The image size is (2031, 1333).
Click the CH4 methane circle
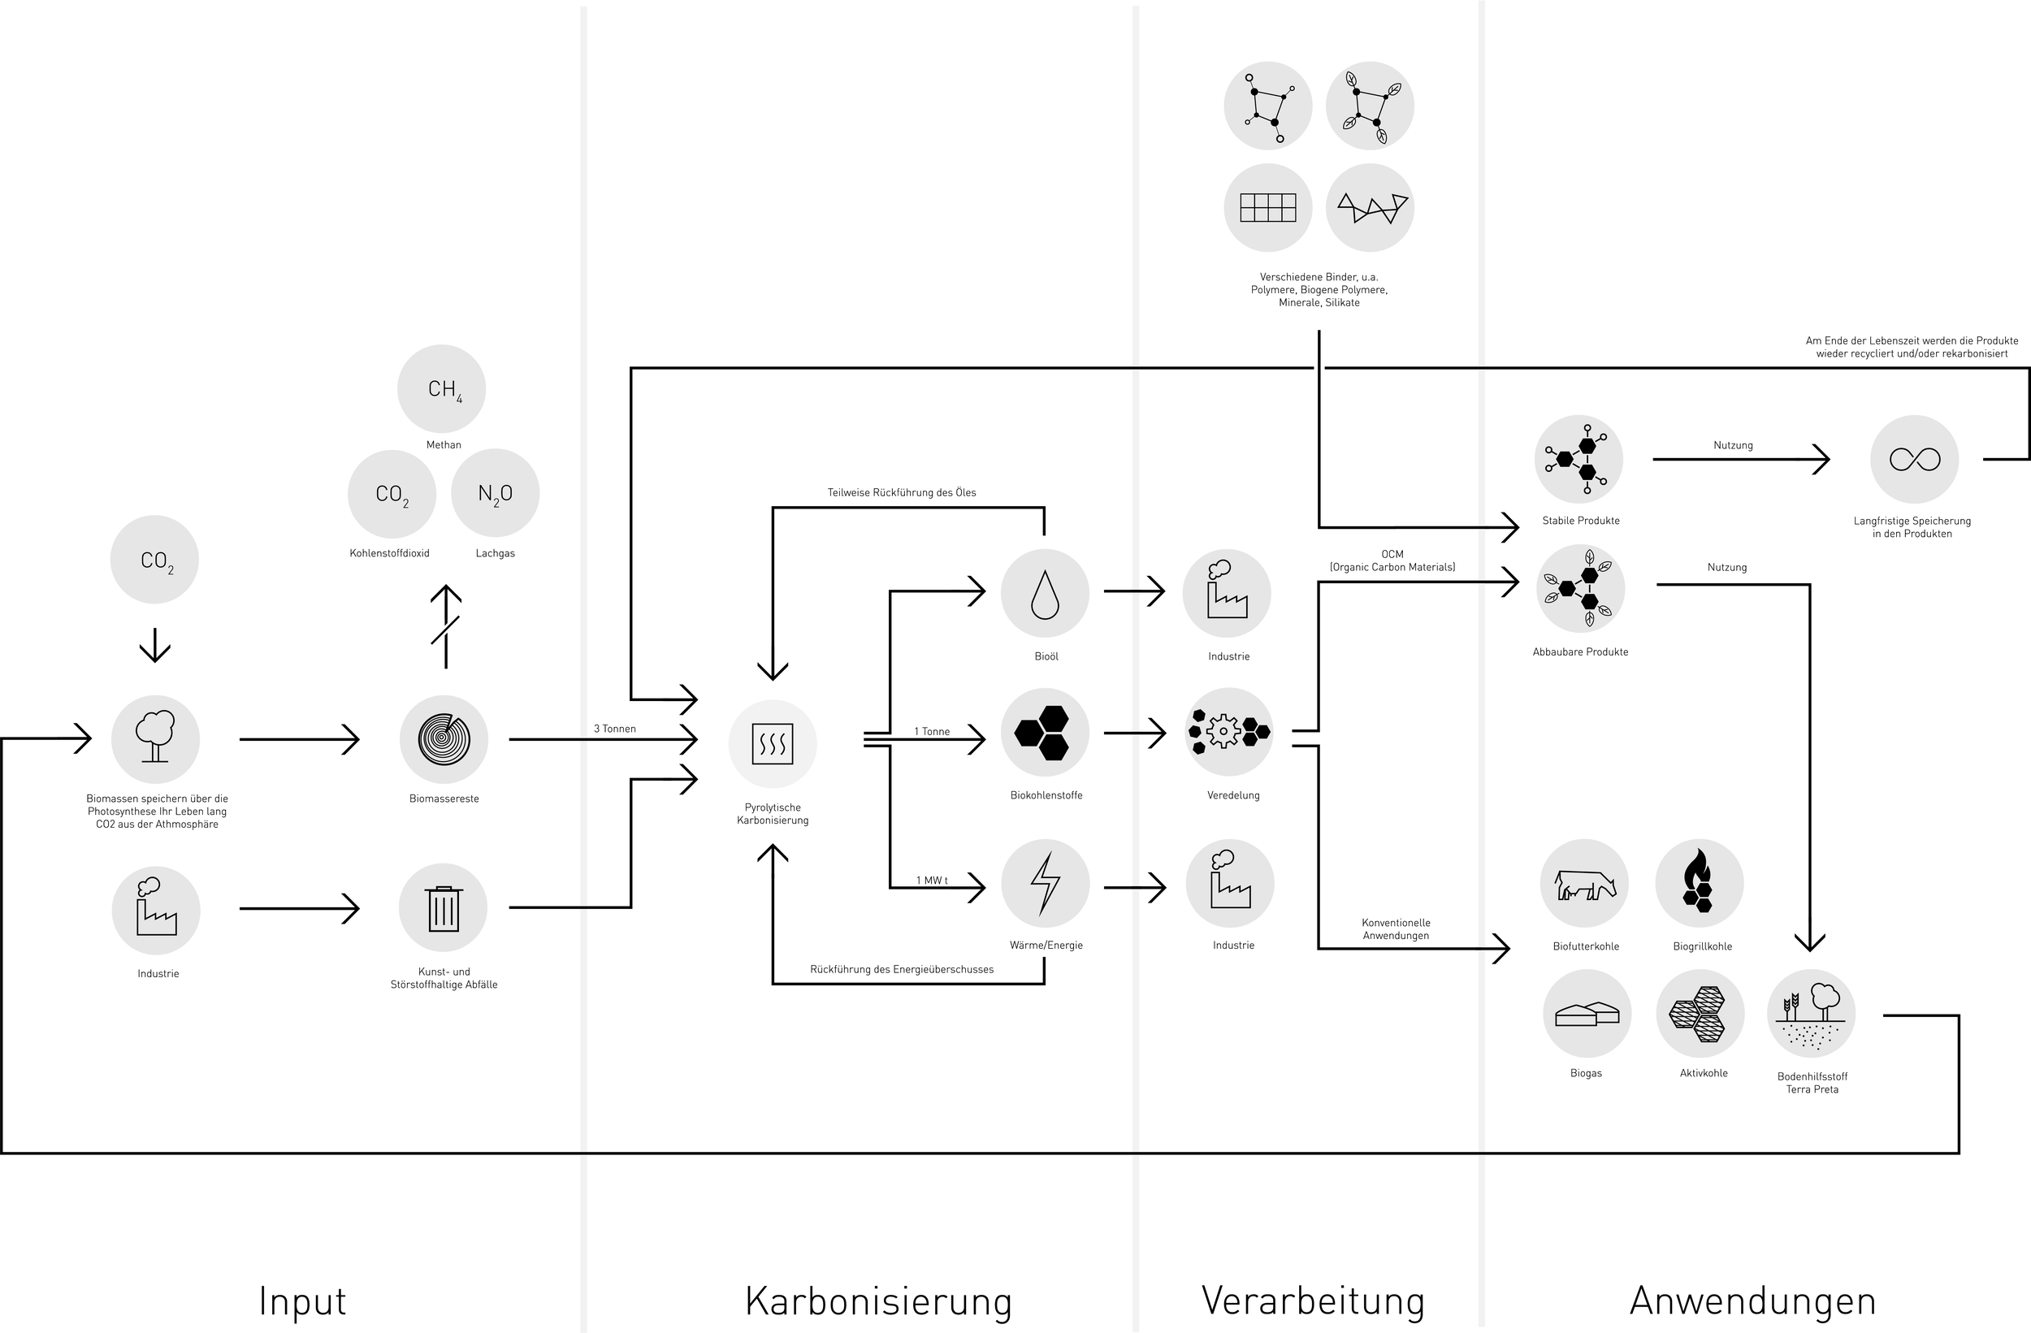click(x=442, y=389)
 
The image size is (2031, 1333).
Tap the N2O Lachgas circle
click(x=495, y=493)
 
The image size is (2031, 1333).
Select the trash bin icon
click(x=443, y=908)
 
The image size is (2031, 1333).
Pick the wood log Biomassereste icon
click(x=444, y=739)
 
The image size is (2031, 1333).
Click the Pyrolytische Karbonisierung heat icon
click(x=773, y=743)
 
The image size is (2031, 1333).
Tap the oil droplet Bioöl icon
click(x=1045, y=593)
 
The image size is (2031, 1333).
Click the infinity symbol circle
click(x=1914, y=460)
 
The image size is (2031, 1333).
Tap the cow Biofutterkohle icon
click(x=1585, y=884)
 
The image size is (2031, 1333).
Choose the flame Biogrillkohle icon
click(x=1699, y=882)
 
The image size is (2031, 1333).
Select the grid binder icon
click(x=1267, y=207)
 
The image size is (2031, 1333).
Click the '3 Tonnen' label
click(x=614, y=729)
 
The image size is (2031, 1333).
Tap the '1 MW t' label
click(x=932, y=881)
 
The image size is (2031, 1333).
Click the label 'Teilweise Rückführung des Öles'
click(x=901, y=492)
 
